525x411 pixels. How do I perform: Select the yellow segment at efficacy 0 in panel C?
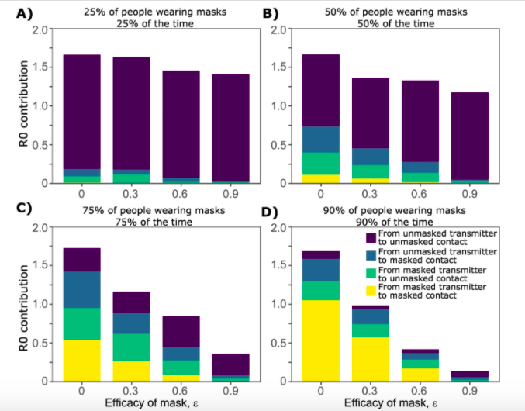pos(81,361)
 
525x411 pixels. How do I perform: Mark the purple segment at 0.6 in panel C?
pos(181,331)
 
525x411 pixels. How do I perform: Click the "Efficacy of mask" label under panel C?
pos(156,402)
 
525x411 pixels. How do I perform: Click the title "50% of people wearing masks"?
pos(394,13)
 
